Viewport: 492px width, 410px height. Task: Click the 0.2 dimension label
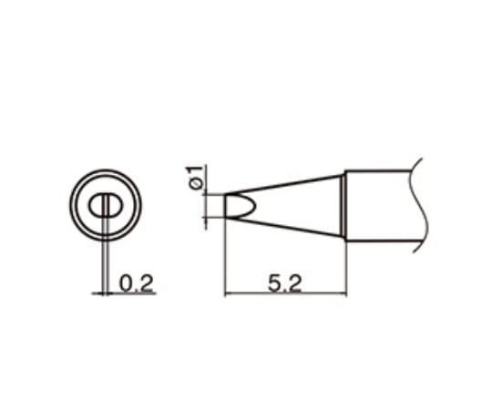pyautogui.click(x=136, y=283)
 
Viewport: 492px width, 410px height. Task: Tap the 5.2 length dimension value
pyautogui.click(x=284, y=283)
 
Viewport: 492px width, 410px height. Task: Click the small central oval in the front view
pyautogui.click(x=107, y=204)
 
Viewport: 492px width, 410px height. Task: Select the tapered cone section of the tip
pyautogui.click(x=292, y=205)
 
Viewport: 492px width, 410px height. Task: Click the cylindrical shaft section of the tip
pyautogui.click(x=378, y=205)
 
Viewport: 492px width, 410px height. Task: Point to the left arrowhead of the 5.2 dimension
pyautogui.click(x=228, y=292)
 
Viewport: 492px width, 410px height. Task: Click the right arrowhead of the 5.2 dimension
pyautogui.click(x=343, y=292)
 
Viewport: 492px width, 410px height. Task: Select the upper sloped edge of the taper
pyautogui.click(x=292, y=182)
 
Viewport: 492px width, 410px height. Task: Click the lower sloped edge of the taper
pyautogui.click(x=292, y=227)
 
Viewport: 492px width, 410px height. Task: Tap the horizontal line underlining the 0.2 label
pyautogui.click(x=128, y=292)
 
